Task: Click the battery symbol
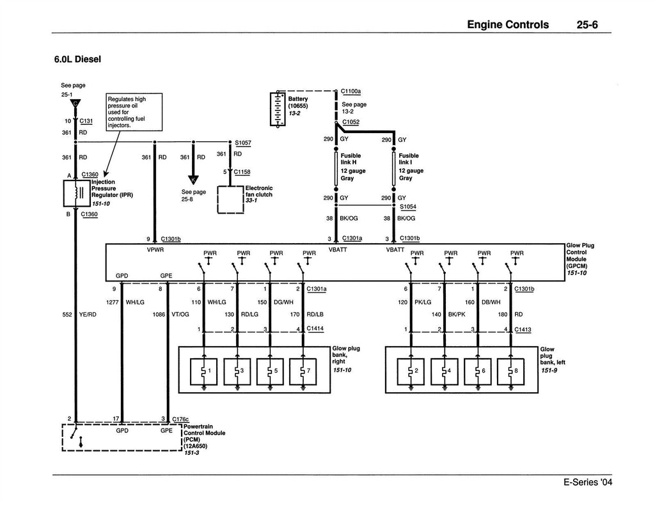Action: (x=278, y=109)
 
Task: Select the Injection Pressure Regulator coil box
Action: (x=77, y=193)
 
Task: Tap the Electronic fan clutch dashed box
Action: (x=230, y=200)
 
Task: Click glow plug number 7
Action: (x=303, y=371)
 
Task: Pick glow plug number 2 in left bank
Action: (x=411, y=371)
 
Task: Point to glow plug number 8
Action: (x=510, y=371)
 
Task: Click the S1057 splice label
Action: (x=243, y=143)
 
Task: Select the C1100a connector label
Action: (x=351, y=91)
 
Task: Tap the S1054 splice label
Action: (x=408, y=207)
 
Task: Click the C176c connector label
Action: (x=180, y=419)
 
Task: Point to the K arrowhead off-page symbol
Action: (x=193, y=180)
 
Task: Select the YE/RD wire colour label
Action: (x=88, y=315)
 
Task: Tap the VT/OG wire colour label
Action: (x=180, y=315)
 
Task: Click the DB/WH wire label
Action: (x=491, y=302)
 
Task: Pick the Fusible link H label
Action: (x=351, y=159)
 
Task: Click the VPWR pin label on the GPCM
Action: (x=155, y=250)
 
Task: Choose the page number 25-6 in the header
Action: (x=587, y=25)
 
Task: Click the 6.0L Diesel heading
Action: (x=77, y=59)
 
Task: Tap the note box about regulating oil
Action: (x=134, y=112)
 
